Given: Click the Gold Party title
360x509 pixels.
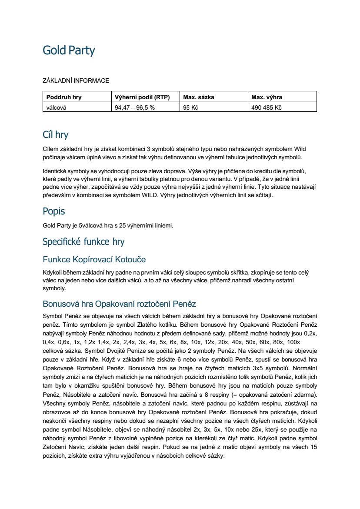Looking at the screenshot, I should [69, 50].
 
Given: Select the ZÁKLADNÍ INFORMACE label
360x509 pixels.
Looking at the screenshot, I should [76, 81].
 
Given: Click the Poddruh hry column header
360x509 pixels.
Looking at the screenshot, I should [64, 97].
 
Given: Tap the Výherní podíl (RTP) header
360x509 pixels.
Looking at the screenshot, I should [142, 97].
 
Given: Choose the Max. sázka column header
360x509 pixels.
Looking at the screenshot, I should [199, 97].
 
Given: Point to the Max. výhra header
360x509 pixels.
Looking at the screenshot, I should [267, 97].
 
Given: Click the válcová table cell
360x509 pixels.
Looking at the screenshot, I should [57, 107].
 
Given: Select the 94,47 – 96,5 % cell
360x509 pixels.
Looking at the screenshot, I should [134, 107].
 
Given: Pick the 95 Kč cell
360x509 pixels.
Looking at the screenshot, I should [190, 107].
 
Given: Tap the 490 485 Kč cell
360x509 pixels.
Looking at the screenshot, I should [267, 107].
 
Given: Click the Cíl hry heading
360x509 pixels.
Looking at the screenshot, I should [56, 134].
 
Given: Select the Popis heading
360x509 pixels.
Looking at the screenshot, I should [54, 211].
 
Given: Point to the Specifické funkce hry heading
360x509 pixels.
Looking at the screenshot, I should [83, 241].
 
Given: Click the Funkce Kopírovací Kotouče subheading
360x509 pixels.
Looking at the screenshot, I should [94, 260].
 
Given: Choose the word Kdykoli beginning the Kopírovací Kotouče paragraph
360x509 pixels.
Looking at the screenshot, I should [53, 273].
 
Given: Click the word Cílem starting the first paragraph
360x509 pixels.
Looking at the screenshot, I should [51, 149].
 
